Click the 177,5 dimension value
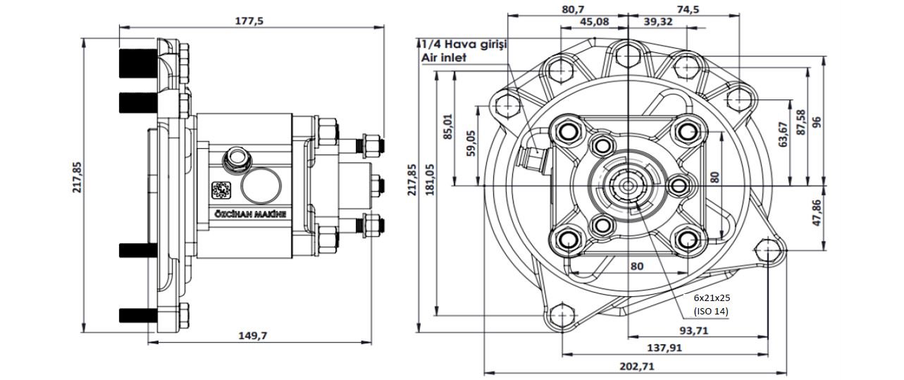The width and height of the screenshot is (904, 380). tap(248, 20)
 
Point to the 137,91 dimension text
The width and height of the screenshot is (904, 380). tap(664, 348)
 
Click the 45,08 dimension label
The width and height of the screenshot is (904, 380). tap(594, 22)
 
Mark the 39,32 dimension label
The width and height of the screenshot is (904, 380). tap(657, 22)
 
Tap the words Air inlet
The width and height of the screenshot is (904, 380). tap(444, 58)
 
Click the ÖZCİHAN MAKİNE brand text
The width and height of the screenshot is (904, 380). tap(250, 212)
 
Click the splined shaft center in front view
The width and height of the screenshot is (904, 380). tap(627, 186)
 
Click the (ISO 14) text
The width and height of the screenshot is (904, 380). tap(711, 311)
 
